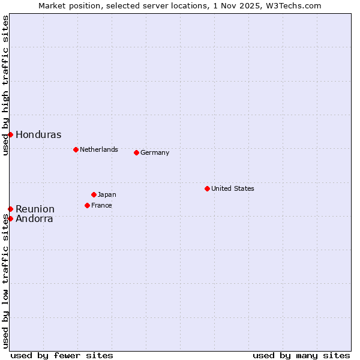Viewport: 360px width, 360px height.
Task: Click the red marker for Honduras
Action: [10, 134]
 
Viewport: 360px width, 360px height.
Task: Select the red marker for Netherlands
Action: [76, 149]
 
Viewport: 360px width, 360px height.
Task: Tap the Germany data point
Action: [136, 152]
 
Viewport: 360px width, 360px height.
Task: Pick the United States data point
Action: [207, 188]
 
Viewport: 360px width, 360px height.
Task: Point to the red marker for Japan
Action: [94, 194]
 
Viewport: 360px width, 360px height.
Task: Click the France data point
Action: [87, 205]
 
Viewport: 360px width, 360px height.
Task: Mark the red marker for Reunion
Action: [10, 209]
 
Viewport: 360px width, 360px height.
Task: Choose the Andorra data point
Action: [10, 218]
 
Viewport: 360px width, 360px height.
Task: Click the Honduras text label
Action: [38, 135]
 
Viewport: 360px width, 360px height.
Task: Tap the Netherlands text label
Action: [99, 149]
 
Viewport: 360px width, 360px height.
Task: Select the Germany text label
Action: [155, 152]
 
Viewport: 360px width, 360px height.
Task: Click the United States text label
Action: [233, 188]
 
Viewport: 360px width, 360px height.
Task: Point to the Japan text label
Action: [107, 194]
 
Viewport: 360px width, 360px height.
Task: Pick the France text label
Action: [101, 205]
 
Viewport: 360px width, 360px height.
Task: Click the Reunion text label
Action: [35, 209]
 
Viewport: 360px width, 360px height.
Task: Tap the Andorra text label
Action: [34, 219]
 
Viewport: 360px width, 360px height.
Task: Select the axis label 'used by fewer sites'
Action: [62, 355]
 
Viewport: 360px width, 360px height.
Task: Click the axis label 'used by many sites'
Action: [301, 355]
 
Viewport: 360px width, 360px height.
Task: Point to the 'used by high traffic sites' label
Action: [5, 85]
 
